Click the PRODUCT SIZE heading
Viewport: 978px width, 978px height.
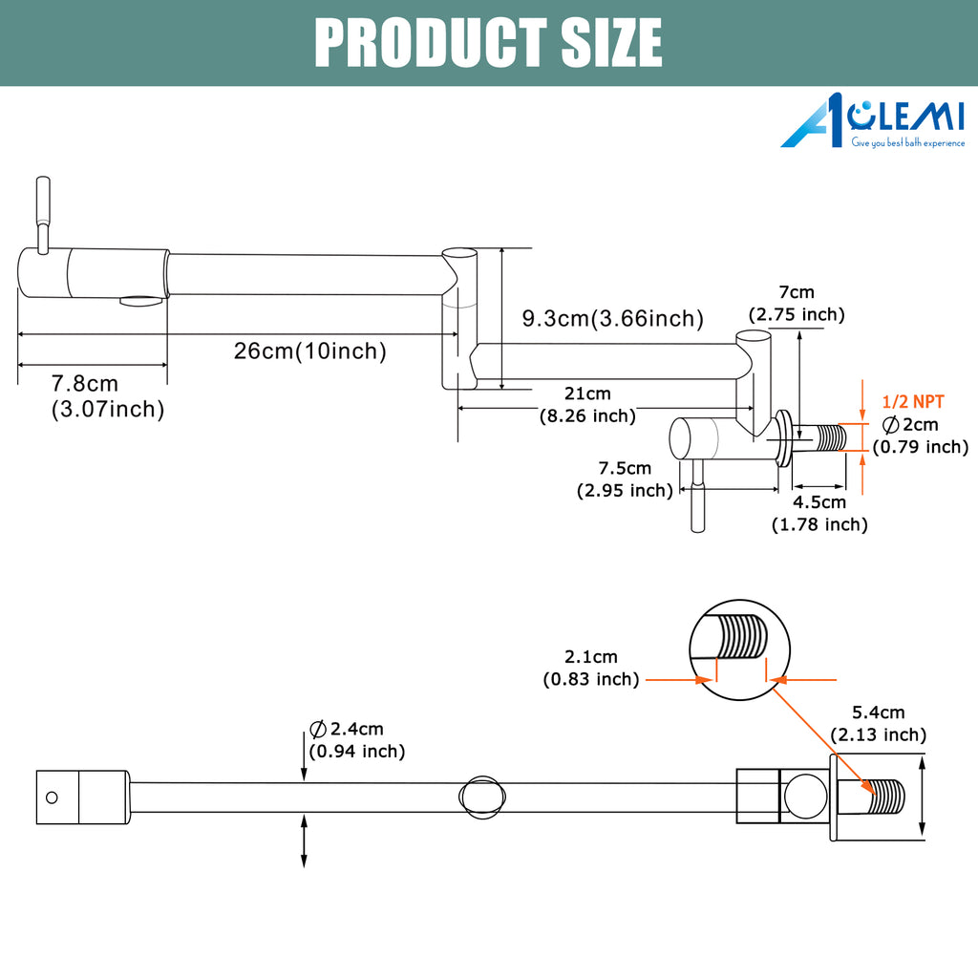click(488, 42)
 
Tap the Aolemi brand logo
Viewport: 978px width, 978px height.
click(873, 120)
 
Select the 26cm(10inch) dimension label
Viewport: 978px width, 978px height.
click(310, 351)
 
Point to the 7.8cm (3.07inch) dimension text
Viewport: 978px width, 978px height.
click(107, 396)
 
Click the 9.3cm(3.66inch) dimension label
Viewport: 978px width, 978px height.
click(612, 319)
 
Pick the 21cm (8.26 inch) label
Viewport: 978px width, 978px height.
click(587, 405)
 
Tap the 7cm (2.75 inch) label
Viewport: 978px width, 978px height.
click(797, 303)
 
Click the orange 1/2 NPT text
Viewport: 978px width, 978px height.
click(913, 402)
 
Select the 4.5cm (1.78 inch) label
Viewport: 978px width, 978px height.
click(819, 513)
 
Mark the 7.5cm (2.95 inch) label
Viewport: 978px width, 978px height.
click(625, 479)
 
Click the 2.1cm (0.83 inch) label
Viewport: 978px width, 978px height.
click(591, 668)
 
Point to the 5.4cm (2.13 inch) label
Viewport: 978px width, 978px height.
click(879, 724)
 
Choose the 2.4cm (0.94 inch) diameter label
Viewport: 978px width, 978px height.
click(357, 740)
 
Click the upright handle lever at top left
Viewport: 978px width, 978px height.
click(42, 215)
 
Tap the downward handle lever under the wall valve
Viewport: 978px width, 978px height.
click(698, 496)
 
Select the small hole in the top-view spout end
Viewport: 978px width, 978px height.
click(52, 797)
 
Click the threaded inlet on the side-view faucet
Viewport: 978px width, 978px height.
click(819, 437)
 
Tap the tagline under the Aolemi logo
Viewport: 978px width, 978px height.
click(908, 143)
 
